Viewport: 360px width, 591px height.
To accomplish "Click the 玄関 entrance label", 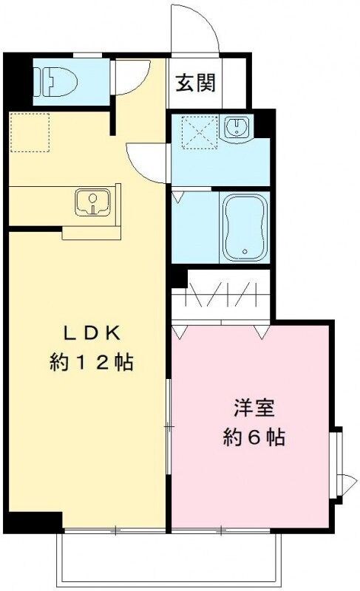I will [x=196, y=82].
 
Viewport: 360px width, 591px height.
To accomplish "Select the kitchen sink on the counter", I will [x=92, y=200].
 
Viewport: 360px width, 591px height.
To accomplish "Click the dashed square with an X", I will [x=197, y=132].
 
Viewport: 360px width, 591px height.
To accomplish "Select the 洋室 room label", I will [x=252, y=408].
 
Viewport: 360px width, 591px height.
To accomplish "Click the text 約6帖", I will [x=254, y=437].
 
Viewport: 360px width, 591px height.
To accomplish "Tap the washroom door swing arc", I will [x=146, y=161].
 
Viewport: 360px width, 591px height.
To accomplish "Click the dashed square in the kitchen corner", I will [x=30, y=132].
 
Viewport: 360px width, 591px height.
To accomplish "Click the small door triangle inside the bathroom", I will [x=178, y=198].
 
